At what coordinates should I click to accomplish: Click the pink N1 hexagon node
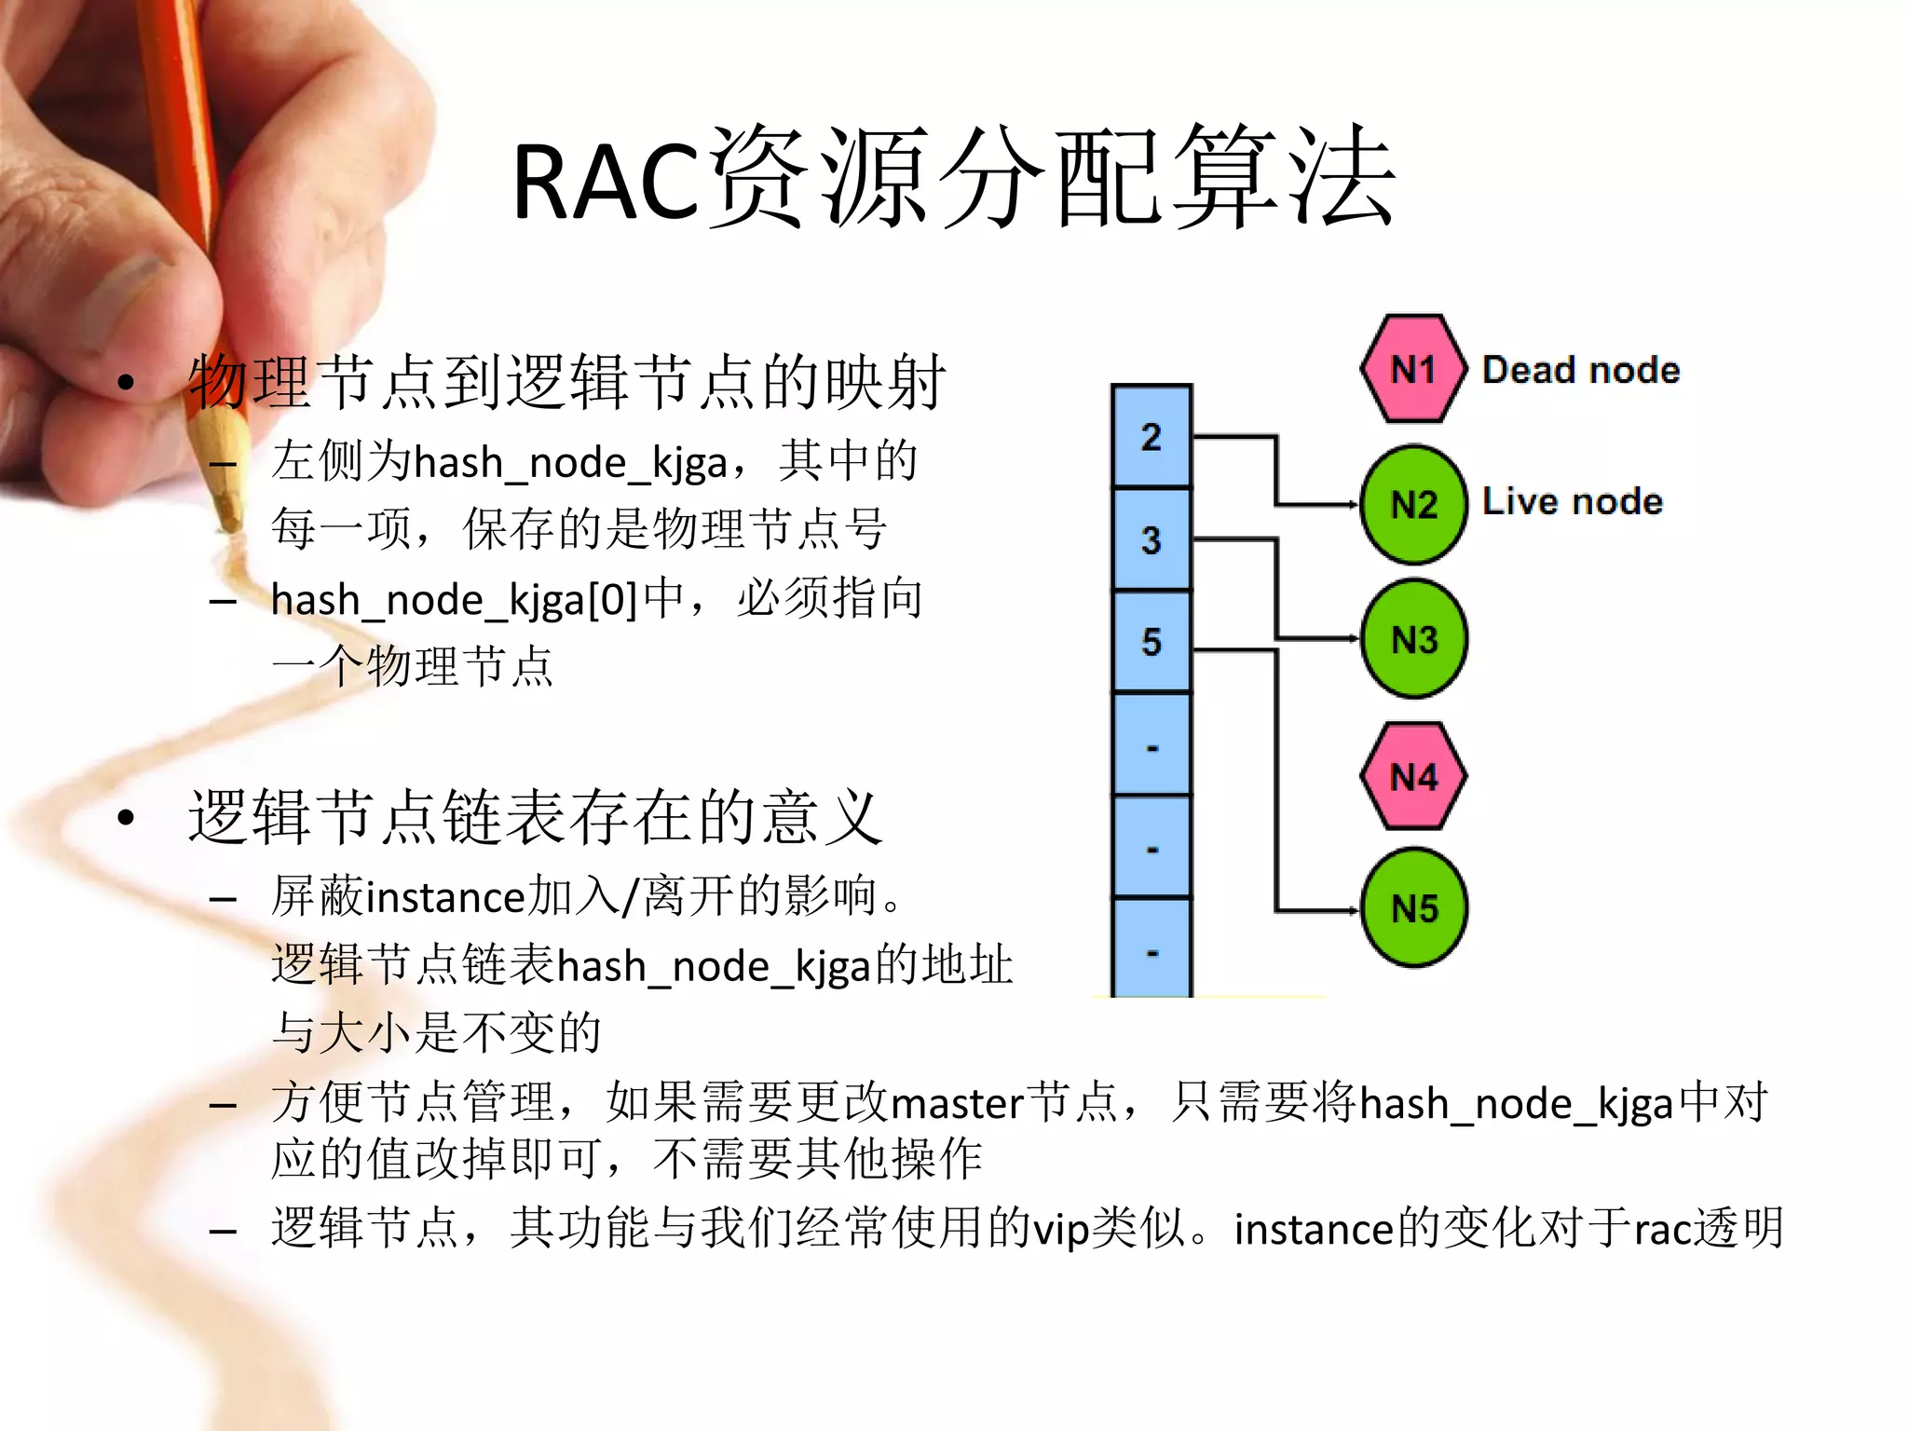(x=1413, y=369)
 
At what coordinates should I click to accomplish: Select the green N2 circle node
(x=1413, y=504)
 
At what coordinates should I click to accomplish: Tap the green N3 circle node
(x=1413, y=639)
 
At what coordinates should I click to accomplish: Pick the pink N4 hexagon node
(x=1413, y=776)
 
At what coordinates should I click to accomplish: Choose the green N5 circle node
(x=1413, y=908)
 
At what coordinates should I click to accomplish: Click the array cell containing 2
(x=1152, y=436)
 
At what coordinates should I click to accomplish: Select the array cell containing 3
(x=1152, y=539)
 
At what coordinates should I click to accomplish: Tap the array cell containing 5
(x=1152, y=641)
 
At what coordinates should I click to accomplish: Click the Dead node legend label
(x=1581, y=370)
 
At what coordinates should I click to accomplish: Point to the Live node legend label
(x=1572, y=501)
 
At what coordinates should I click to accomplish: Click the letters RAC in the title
(x=606, y=183)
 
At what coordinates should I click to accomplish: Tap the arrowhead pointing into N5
(x=1354, y=910)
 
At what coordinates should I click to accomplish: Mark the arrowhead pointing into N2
(x=1354, y=505)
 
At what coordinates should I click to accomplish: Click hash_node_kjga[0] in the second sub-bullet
(x=454, y=600)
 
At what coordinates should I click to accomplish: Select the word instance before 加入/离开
(x=446, y=898)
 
